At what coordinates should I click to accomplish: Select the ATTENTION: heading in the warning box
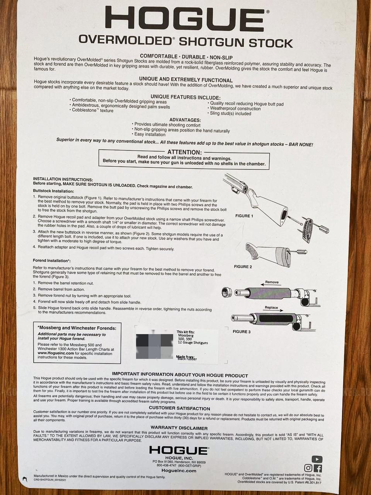click(x=184, y=152)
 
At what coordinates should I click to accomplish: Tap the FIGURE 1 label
click(x=244, y=216)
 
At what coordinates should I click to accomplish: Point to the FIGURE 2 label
click(x=243, y=267)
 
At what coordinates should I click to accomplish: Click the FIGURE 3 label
click(x=242, y=332)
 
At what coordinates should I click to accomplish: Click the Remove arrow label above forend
click(x=272, y=282)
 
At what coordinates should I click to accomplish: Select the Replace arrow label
click(x=271, y=308)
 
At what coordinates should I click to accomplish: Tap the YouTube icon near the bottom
click(x=317, y=459)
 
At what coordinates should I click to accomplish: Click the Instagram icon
click(x=308, y=469)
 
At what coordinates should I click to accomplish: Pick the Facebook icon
click(x=318, y=469)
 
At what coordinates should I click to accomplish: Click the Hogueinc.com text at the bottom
click(x=179, y=471)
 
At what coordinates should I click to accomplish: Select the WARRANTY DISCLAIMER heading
click(x=179, y=428)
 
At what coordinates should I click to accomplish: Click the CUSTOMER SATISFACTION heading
click(x=179, y=408)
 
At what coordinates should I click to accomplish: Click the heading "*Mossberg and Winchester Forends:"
click(x=77, y=328)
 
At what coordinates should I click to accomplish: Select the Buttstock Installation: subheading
click(x=53, y=191)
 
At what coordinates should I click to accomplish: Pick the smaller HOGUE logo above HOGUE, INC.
click(x=179, y=451)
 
